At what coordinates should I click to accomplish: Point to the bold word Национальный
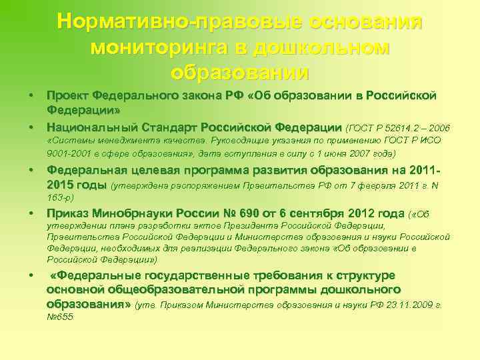pos(88,127)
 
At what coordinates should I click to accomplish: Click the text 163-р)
pos(61,197)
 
